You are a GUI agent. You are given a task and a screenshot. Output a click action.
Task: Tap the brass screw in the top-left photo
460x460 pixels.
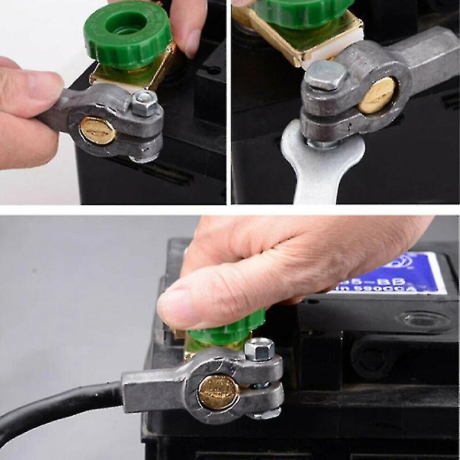[x=97, y=129]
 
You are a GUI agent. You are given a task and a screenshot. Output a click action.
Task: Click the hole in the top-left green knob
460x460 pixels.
[x=128, y=25]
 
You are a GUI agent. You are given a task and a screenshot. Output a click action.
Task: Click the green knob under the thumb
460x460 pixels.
[x=230, y=328]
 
